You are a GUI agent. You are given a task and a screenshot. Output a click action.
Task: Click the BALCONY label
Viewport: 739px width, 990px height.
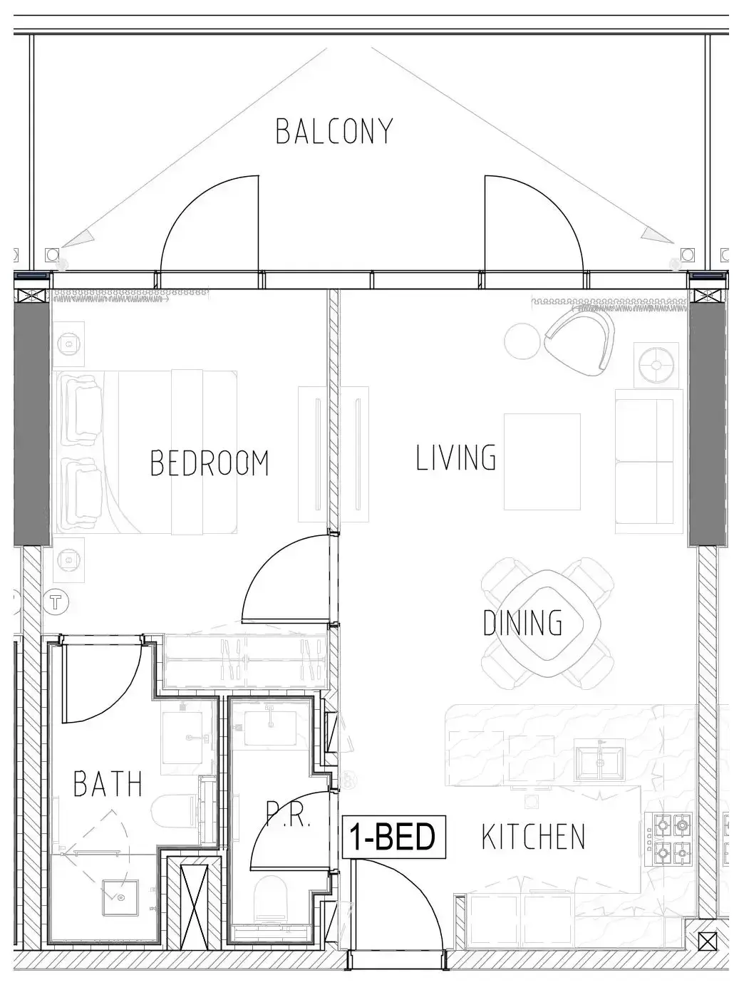pos(334,131)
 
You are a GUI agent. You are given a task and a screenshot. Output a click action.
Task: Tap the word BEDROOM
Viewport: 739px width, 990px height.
pos(210,463)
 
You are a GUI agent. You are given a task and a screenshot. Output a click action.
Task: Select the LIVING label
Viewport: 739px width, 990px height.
pos(455,458)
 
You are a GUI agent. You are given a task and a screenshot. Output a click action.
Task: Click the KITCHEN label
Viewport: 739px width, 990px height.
pos(533,836)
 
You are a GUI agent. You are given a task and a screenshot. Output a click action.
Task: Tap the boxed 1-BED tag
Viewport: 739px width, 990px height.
pos(393,837)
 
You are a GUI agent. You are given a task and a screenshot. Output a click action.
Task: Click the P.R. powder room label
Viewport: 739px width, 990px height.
pos(288,815)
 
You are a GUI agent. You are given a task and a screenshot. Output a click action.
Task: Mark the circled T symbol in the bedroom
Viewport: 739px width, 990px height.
pos(56,602)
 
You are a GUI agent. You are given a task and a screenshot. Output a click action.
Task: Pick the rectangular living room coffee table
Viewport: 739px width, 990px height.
pos(542,461)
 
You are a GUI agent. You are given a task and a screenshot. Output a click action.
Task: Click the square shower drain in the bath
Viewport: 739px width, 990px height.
pos(120,897)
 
